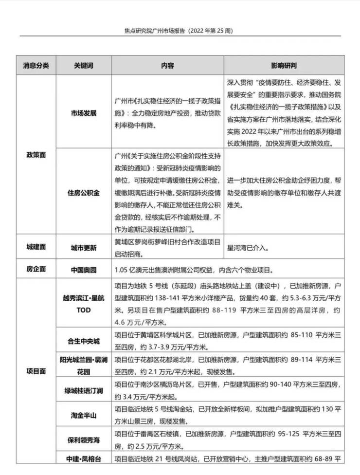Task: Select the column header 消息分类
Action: pos(36,65)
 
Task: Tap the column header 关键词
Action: pos(84,65)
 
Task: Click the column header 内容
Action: pos(168,65)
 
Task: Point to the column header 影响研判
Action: pos(284,65)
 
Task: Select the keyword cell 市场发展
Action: pos(84,113)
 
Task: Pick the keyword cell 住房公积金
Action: pos(84,193)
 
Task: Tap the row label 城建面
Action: pos(36,247)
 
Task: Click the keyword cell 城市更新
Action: pos(84,248)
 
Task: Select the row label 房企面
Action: pos(36,269)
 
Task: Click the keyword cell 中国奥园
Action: pos(84,269)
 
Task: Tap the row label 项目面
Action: pos(36,370)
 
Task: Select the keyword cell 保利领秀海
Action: pos(84,440)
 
